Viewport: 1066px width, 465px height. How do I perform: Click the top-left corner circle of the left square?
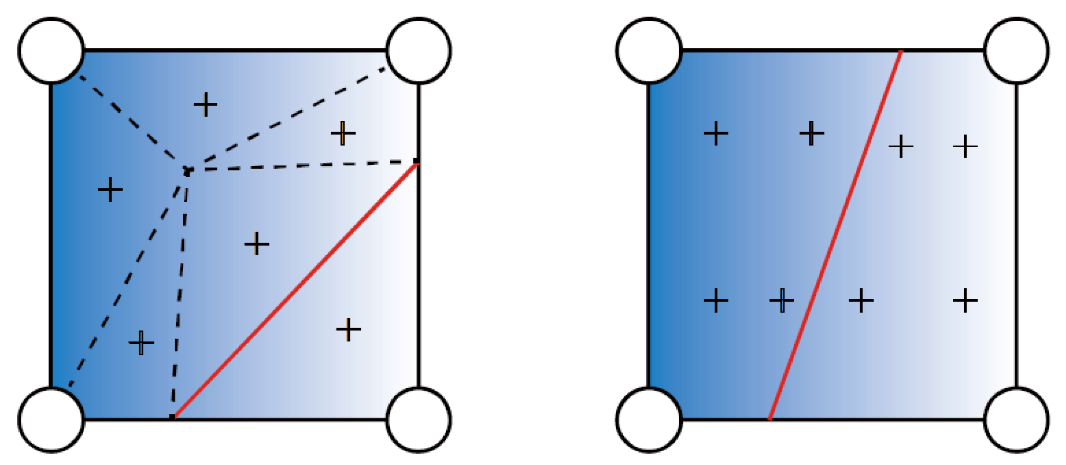(x=51, y=51)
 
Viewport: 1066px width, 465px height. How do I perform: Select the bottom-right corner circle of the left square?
(x=419, y=420)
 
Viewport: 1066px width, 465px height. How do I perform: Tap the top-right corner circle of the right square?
(x=1016, y=51)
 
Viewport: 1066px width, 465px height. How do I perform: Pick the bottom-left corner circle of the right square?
(x=649, y=420)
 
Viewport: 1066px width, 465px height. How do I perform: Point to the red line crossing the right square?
(x=835, y=235)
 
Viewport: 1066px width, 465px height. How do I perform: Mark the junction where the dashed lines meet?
(x=188, y=171)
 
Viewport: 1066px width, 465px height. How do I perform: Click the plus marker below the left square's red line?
(x=349, y=330)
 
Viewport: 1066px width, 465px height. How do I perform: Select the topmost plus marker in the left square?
(x=206, y=105)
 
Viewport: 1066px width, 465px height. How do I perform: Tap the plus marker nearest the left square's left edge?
(x=110, y=189)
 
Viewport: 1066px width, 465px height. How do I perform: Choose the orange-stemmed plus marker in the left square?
(x=343, y=134)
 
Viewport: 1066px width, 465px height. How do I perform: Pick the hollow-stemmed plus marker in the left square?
(x=141, y=342)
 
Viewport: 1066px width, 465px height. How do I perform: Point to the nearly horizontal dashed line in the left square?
(x=303, y=166)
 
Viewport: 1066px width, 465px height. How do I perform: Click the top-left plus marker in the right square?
(x=716, y=134)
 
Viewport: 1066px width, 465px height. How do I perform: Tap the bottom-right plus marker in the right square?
(x=965, y=300)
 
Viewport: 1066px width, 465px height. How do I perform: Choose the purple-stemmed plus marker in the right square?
(x=812, y=134)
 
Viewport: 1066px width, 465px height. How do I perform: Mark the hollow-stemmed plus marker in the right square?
(x=782, y=300)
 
